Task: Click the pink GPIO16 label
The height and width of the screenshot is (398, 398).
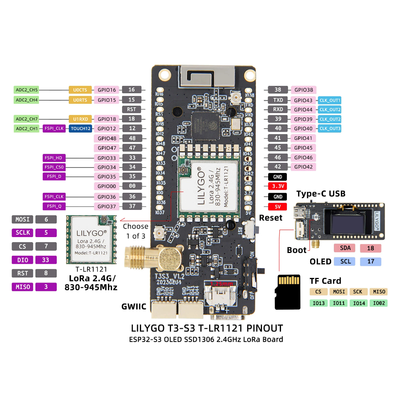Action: [x=107, y=90]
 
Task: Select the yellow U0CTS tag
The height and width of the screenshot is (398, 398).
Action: [x=80, y=90]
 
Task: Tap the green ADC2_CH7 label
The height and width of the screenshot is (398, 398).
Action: [x=27, y=119]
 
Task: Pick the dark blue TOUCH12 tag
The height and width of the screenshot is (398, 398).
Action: [x=80, y=128]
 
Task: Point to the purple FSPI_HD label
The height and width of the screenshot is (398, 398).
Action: [x=53, y=157]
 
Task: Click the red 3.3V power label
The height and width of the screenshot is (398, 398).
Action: [x=278, y=187]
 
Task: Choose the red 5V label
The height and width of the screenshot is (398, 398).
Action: [x=278, y=207]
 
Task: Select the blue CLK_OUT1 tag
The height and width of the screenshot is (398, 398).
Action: [x=330, y=100]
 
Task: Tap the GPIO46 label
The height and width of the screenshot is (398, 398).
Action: [x=303, y=157]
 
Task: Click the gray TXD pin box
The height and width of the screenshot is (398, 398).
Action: [x=278, y=100]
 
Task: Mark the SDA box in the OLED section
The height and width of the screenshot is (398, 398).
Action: [x=345, y=248]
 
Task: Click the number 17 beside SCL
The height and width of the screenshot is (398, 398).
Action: [x=370, y=262]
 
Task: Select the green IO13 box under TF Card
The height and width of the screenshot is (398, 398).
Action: [x=318, y=303]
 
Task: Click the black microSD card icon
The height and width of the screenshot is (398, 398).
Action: [x=288, y=292]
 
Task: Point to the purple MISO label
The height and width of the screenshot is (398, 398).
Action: [x=22, y=287]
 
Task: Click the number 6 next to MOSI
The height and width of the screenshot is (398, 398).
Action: [x=46, y=219]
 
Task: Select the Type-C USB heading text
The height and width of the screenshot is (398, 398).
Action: [x=321, y=194]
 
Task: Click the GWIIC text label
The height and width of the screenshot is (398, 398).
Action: [x=133, y=306]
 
